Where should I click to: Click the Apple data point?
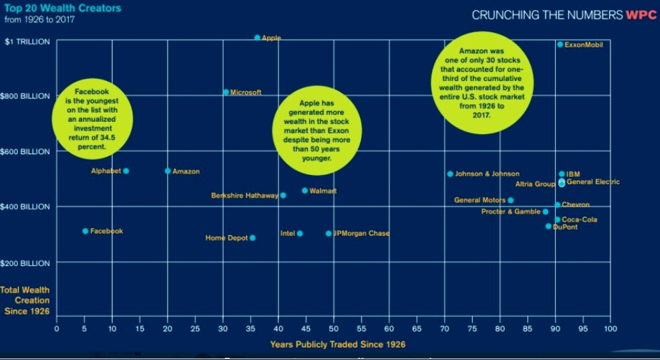(258, 37)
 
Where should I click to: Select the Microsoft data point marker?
(226, 92)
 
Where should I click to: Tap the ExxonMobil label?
(584, 44)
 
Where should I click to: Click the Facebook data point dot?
(85, 231)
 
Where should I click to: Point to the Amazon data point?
(168, 171)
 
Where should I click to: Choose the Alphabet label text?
(105, 171)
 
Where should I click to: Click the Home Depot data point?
(253, 237)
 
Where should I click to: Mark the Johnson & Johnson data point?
(451, 174)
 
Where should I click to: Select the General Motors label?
(479, 200)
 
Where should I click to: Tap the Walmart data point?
(305, 190)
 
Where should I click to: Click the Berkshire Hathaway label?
(244, 195)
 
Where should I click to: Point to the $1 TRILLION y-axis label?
(27, 42)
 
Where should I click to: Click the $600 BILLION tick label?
(27, 151)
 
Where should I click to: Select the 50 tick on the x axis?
(334, 328)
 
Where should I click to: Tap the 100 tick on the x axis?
(610, 328)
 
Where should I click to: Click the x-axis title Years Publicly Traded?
(338, 344)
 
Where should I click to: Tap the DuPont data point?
(549, 226)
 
